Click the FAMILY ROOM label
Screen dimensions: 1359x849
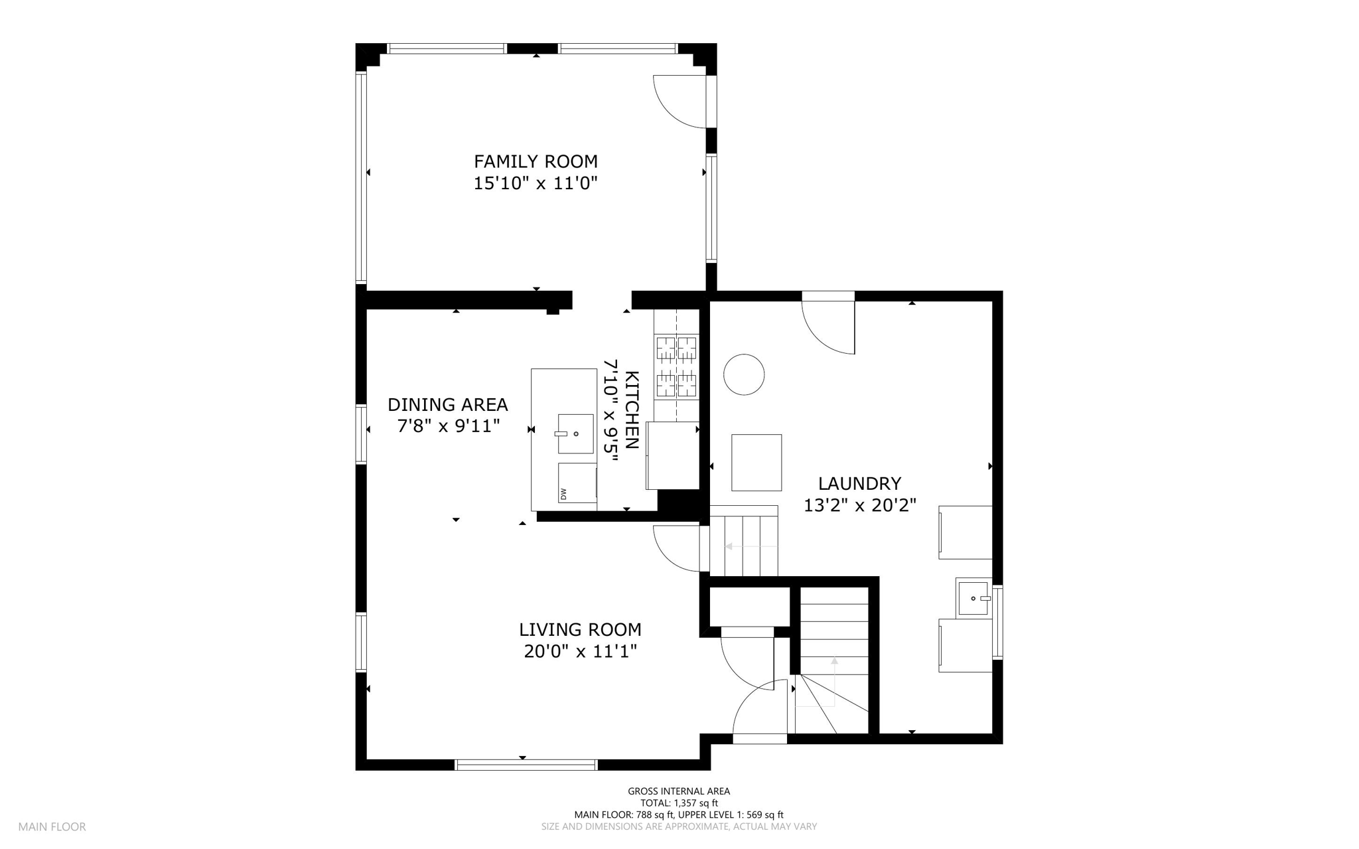point(536,161)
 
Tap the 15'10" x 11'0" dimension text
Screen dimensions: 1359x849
point(536,183)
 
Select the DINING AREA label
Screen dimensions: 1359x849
point(448,404)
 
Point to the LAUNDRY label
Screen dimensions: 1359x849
point(859,483)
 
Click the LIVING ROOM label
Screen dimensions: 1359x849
point(580,629)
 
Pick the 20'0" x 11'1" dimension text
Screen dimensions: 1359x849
point(580,652)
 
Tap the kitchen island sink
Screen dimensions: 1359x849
point(575,433)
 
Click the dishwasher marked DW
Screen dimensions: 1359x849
point(577,483)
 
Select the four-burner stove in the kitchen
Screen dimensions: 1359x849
point(676,366)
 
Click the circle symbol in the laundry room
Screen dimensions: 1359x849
point(744,374)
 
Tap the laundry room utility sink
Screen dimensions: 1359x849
point(973,597)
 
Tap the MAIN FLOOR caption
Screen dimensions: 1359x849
point(52,827)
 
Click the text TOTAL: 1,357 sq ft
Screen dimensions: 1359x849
point(679,803)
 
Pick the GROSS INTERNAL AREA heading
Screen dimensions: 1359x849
point(679,791)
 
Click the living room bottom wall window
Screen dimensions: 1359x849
point(526,765)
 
